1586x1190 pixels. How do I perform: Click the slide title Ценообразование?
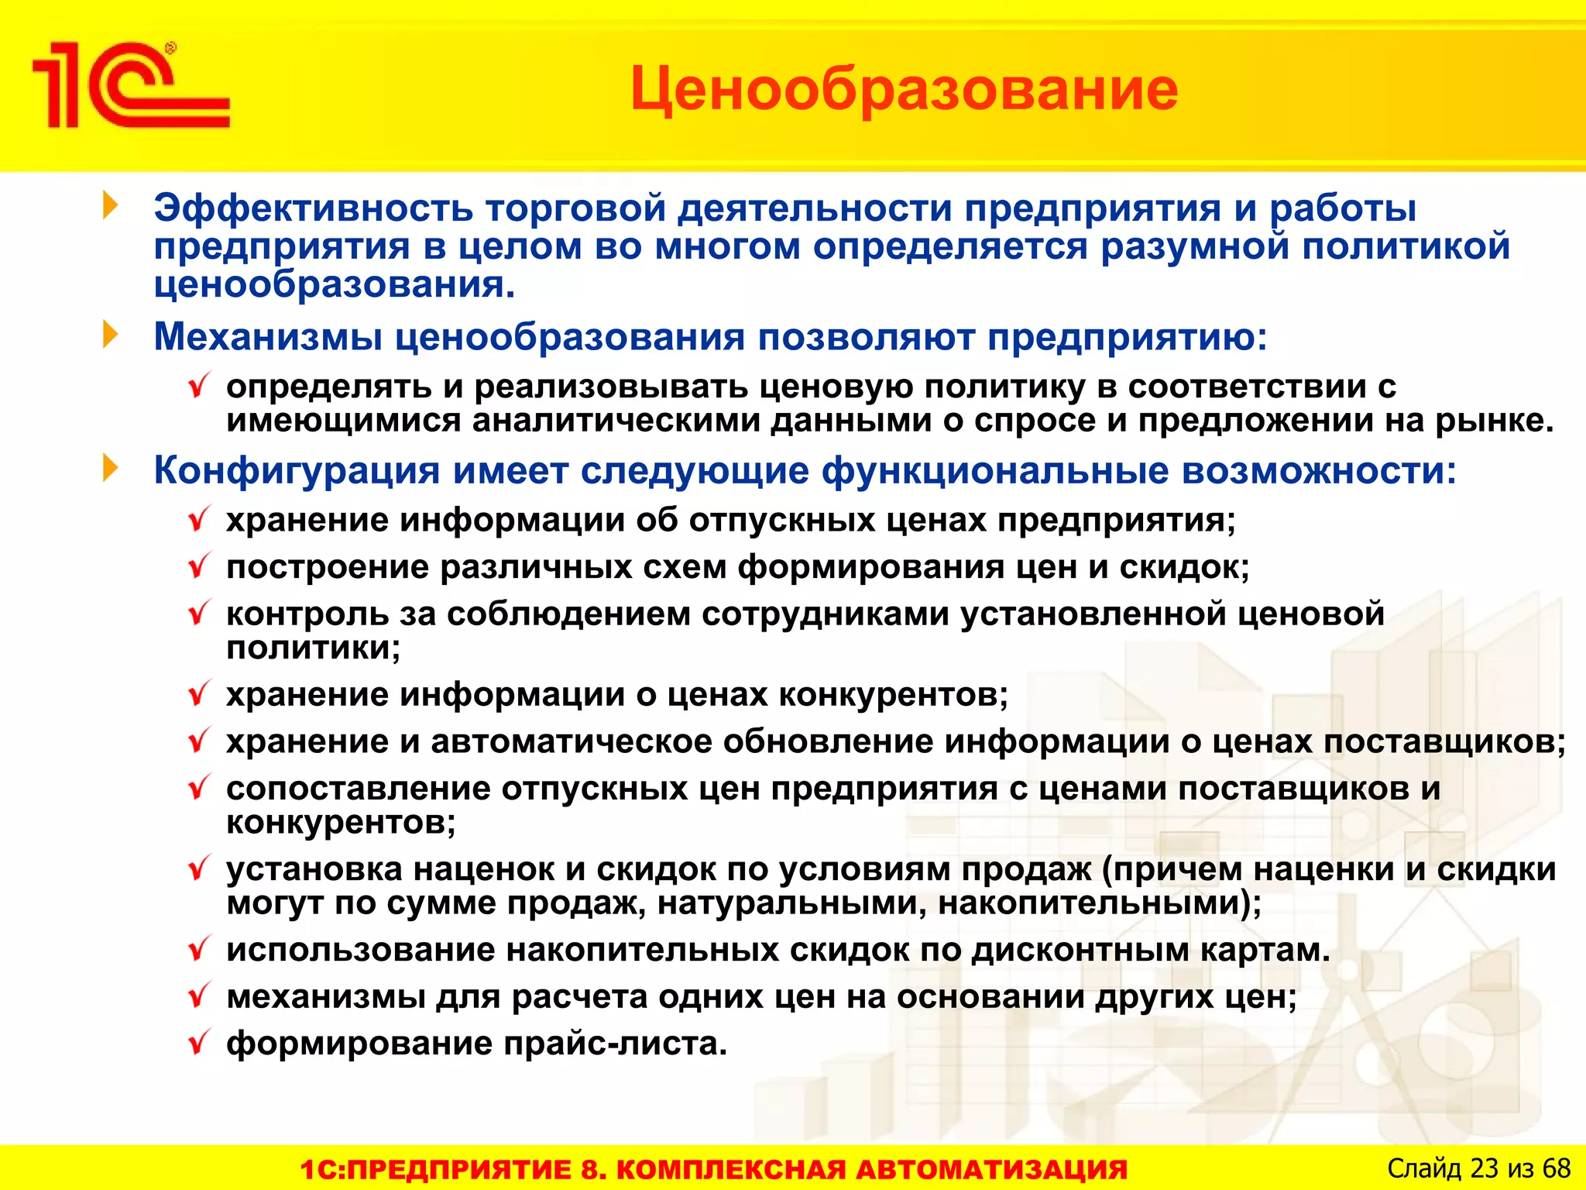pyautogui.click(x=904, y=89)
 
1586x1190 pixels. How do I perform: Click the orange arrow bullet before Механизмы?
pyautogui.click(x=111, y=335)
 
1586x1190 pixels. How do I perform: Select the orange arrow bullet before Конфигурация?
pyautogui.click(x=111, y=468)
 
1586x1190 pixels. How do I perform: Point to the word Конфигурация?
pyautogui.click(x=297, y=471)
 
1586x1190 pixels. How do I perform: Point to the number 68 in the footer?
pyautogui.click(x=1556, y=1168)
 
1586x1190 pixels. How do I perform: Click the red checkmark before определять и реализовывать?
pyautogui.click(x=200, y=385)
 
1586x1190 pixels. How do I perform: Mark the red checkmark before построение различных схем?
pyautogui.click(x=200, y=566)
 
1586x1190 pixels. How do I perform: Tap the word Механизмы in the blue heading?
pyautogui.click(x=267, y=338)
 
